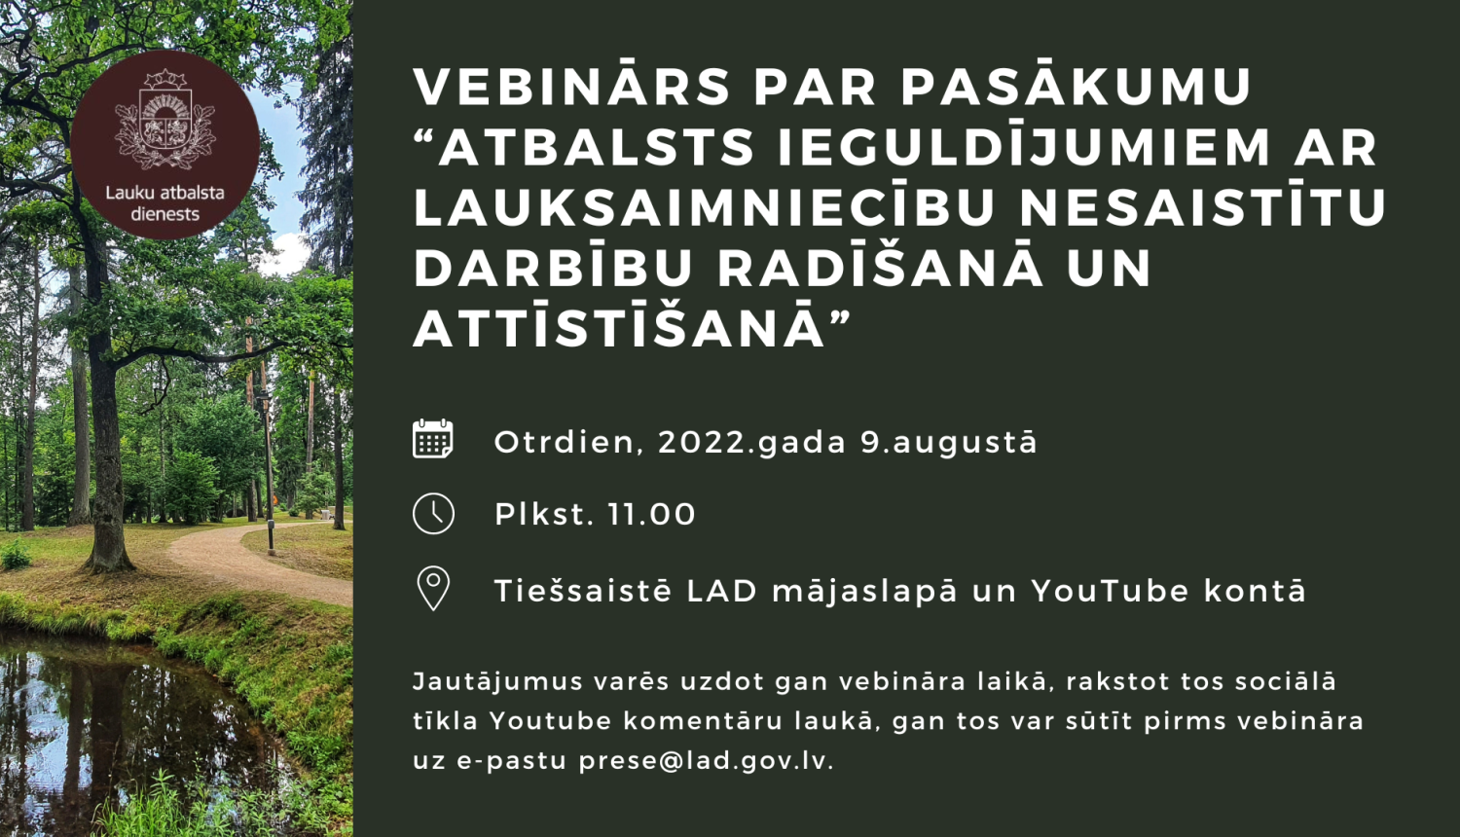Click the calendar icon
(x=433, y=440)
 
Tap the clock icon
(x=433, y=514)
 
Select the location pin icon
(x=433, y=589)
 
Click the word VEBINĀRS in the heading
(x=571, y=88)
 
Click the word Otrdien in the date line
(x=565, y=442)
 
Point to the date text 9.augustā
(x=949, y=442)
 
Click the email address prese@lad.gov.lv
(x=706, y=760)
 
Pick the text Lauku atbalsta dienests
(x=164, y=203)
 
